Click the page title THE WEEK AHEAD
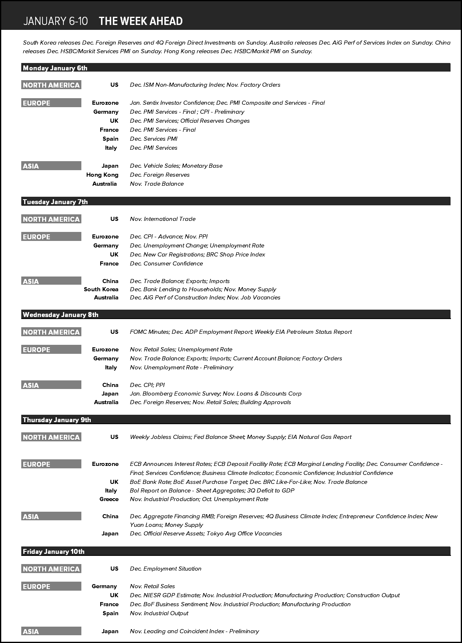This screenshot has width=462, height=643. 141,21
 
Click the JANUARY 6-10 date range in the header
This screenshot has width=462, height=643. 56,21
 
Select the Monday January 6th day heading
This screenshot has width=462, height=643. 55,68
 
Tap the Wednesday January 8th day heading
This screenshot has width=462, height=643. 61,315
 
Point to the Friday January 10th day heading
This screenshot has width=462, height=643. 54,551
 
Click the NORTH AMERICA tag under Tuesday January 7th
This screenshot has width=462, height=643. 51,219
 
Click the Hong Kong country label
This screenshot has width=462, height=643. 102,175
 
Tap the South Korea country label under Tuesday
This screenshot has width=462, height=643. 101,289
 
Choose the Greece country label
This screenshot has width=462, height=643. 109,499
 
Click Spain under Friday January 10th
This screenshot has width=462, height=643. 110,613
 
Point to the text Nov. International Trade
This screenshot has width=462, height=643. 163,219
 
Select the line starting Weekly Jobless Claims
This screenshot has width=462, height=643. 240,437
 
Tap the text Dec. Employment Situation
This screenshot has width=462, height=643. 166,569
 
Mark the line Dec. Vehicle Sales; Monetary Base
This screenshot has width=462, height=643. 176,166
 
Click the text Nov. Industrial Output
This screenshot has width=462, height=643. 159,613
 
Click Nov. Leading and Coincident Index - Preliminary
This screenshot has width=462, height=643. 194,631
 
